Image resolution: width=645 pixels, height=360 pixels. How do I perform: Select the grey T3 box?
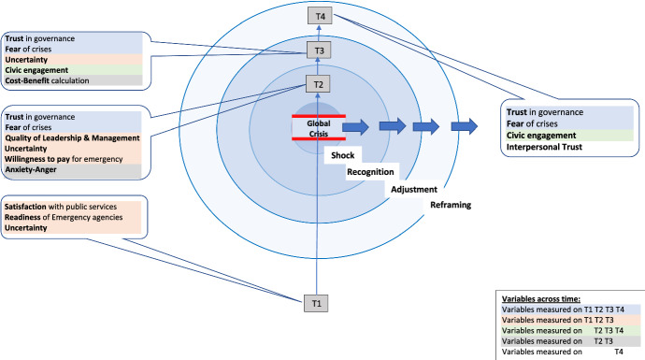pos(319,50)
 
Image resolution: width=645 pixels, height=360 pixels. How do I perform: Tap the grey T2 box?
pos(319,84)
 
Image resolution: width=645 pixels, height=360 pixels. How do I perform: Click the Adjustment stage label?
pos(413,188)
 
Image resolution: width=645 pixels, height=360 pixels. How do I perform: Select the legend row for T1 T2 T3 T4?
pos(565,307)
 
